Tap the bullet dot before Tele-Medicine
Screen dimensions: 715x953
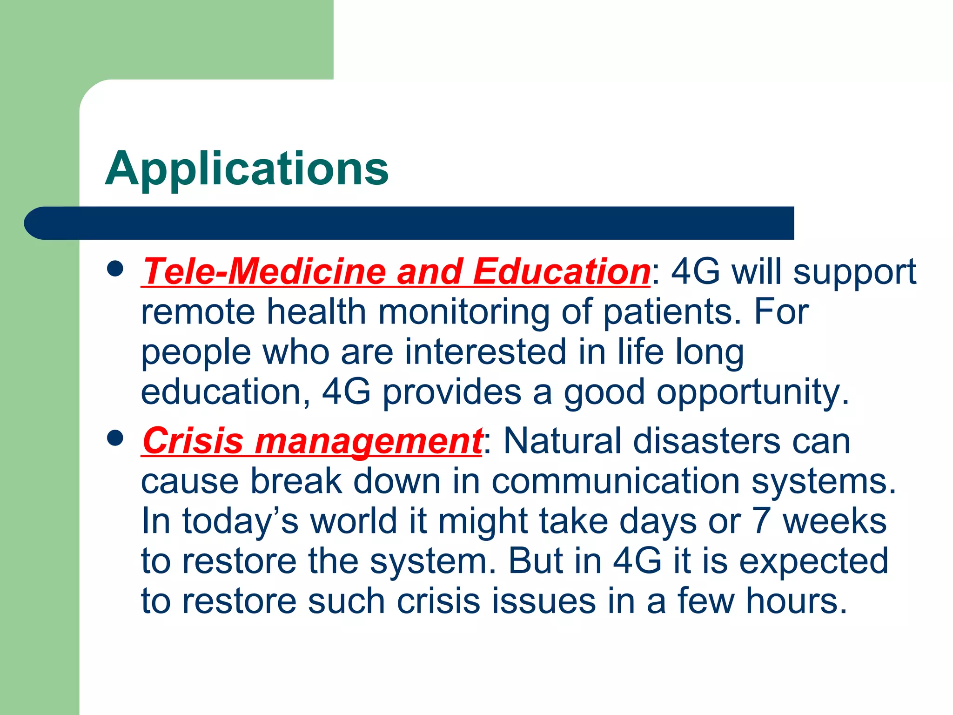coord(115,269)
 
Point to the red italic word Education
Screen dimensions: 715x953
coord(561,271)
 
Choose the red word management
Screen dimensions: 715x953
coord(368,441)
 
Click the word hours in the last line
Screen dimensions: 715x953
coord(796,601)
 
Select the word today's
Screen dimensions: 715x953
coord(240,522)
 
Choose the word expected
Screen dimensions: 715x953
coord(814,562)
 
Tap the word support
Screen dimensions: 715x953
coord(854,272)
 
